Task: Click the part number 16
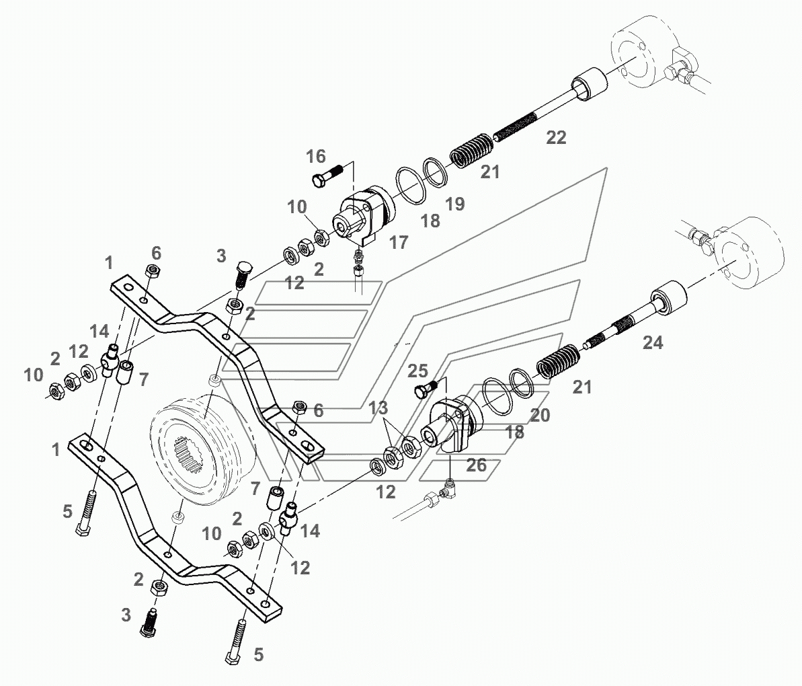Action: click(x=315, y=157)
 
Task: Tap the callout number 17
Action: click(x=399, y=242)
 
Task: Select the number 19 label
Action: click(x=455, y=204)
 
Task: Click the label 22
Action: click(x=556, y=138)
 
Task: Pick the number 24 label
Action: click(x=652, y=343)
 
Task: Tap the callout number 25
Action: click(x=417, y=371)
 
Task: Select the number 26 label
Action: click(x=477, y=465)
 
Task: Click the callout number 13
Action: click(x=378, y=408)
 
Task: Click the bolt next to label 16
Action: click(x=327, y=176)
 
